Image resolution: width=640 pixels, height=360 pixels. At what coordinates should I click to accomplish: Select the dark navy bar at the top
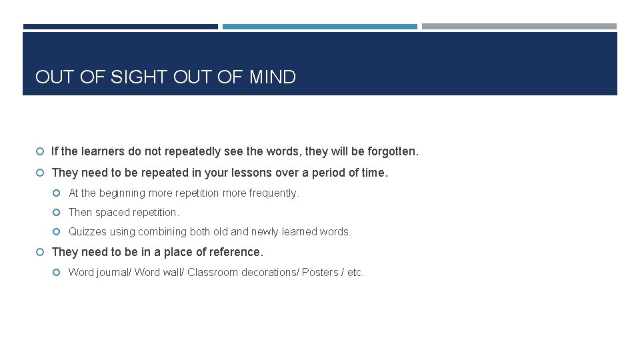[120, 27]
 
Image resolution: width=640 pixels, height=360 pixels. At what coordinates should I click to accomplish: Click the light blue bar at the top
[319, 27]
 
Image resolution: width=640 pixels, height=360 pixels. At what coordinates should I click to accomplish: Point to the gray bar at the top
[519, 27]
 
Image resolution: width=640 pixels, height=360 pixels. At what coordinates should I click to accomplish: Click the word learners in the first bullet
[103, 152]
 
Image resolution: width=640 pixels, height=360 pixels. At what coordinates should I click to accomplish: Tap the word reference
[235, 252]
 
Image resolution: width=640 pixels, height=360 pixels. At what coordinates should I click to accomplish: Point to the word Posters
[320, 273]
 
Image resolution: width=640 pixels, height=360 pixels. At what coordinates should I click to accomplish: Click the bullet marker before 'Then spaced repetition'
[57, 213]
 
